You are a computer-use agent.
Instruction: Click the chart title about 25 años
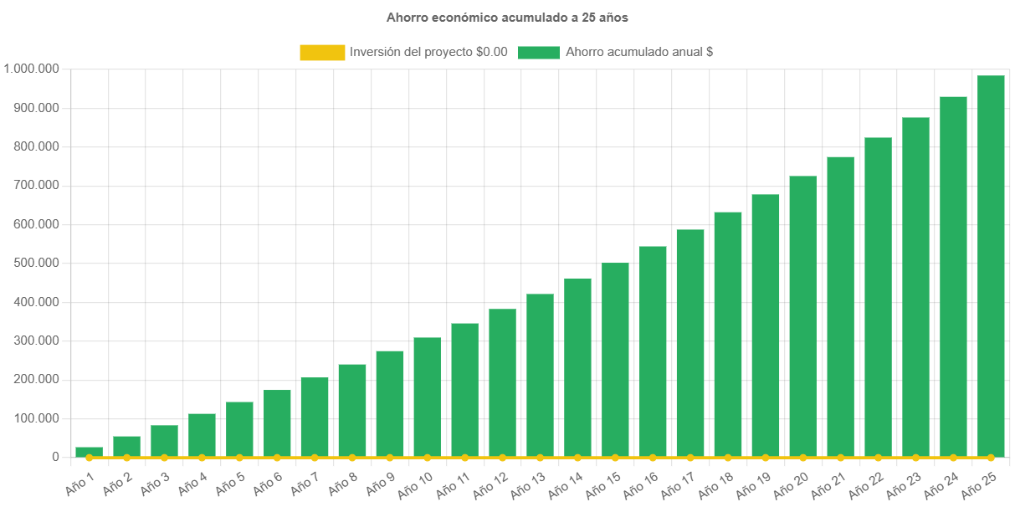[507, 17]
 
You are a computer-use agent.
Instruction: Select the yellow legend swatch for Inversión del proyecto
[322, 52]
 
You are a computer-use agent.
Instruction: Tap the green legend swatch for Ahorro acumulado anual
[538, 52]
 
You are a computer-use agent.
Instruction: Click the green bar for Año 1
[89, 452]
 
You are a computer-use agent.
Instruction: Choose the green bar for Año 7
[315, 417]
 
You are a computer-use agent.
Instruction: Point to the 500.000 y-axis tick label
[33, 263]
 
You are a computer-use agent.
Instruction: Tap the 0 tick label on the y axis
[55, 457]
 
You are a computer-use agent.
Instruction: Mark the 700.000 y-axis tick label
[33, 185]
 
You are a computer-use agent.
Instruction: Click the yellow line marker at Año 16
[653, 458]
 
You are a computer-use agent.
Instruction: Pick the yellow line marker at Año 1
[89, 458]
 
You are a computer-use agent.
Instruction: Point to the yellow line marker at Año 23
[915, 458]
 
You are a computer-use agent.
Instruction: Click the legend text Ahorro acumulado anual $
[639, 52]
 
